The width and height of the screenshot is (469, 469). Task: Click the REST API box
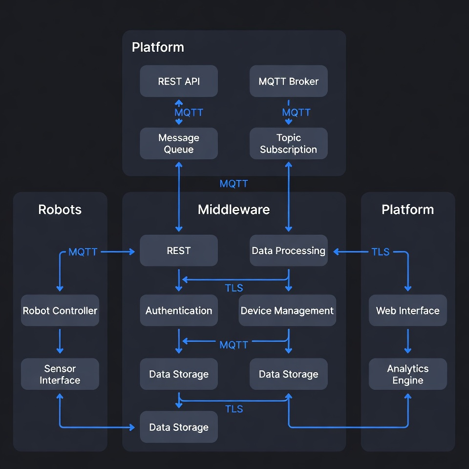coord(179,81)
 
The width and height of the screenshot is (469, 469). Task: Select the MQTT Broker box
coord(288,81)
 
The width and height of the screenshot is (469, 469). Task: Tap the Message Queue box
coord(179,144)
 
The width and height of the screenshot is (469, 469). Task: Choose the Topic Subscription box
coord(288,144)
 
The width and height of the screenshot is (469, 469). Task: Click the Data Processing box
coord(288,251)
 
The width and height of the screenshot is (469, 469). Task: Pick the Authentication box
coord(179,310)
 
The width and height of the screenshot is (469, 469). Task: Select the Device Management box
coord(287,310)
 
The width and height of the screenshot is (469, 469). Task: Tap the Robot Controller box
coord(60,310)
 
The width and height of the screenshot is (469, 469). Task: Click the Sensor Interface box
coord(60,374)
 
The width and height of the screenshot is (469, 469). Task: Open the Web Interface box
coord(407,310)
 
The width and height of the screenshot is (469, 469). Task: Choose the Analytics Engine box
coord(407,374)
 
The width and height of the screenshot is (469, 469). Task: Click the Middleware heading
coord(234,210)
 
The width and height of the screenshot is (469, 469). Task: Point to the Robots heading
coord(60,210)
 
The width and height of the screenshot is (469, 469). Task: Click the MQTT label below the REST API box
coord(189,112)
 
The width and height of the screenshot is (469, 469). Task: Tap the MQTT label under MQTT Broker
coord(296,112)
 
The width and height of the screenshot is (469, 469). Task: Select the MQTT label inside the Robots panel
coord(83,252)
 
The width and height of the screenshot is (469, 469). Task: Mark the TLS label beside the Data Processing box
coord(381,252)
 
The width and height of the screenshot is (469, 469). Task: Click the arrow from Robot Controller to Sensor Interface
coord(60,341)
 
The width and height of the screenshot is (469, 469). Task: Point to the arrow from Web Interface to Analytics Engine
coord(407,341)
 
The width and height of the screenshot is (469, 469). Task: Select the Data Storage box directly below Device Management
coord(288,374)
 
